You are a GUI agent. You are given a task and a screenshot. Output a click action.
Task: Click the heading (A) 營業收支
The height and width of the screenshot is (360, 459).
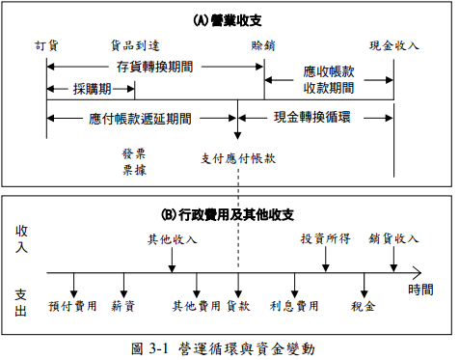coord(228,19)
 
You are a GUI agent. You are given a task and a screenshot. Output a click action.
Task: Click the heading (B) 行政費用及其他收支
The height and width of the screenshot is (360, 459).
coord(228,214)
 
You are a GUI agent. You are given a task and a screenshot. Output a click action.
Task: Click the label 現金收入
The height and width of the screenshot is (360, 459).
coord(394,45)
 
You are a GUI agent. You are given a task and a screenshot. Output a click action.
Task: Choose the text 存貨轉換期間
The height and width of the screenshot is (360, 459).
coord(154,68)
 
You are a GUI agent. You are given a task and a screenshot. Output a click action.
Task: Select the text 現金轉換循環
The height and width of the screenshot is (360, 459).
coord(311,117)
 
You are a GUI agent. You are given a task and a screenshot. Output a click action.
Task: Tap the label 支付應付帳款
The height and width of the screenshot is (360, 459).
coord(238,158)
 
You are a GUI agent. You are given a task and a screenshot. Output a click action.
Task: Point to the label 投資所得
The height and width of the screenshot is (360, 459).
coord(325,239)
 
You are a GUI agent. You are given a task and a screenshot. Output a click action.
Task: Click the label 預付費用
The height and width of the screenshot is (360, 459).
coord(72,306)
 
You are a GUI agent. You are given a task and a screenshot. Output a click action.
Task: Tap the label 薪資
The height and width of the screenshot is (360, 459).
coord(122,306)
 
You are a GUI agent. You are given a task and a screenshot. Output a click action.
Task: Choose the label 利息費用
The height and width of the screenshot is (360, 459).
coord(294,306)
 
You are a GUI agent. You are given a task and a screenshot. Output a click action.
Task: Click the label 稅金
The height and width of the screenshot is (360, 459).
coord(364,306)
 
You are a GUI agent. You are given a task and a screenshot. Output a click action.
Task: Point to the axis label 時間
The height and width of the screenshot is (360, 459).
coord(420,289)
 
